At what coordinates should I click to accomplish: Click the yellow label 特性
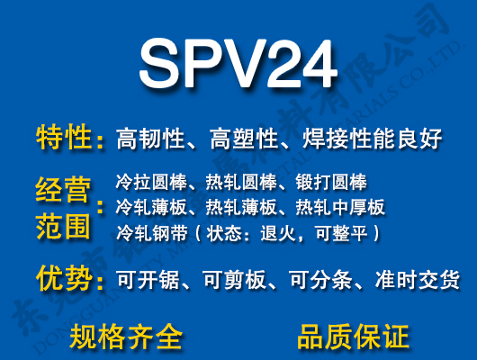click(64, 138)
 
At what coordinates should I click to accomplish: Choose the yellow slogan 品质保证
click(353, 336)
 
